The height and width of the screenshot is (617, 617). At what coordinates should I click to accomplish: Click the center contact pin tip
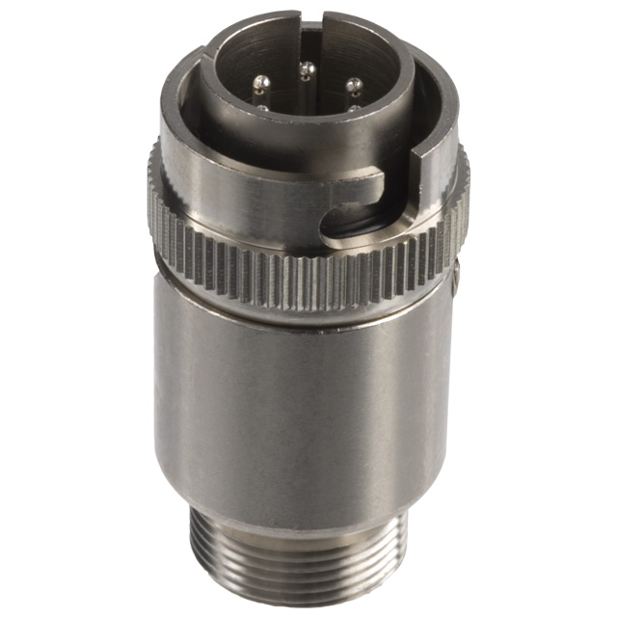306,68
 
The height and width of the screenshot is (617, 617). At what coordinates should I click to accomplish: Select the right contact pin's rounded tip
352,84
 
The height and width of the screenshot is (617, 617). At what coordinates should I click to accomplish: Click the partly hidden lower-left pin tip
262,108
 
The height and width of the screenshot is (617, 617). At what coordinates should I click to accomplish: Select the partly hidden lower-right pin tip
354,107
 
